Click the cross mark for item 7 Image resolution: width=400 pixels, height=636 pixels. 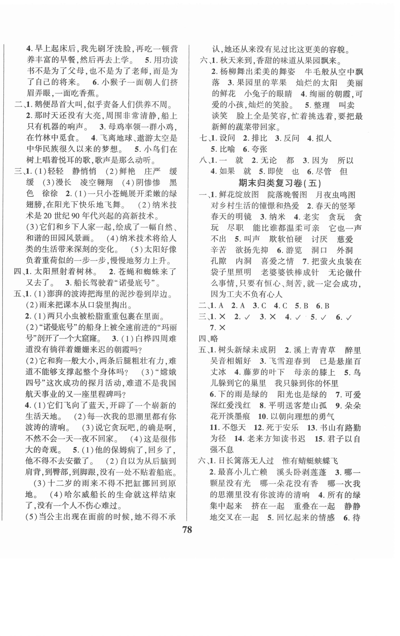coord(222,328)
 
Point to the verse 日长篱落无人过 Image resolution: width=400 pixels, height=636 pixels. coord(246,461)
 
